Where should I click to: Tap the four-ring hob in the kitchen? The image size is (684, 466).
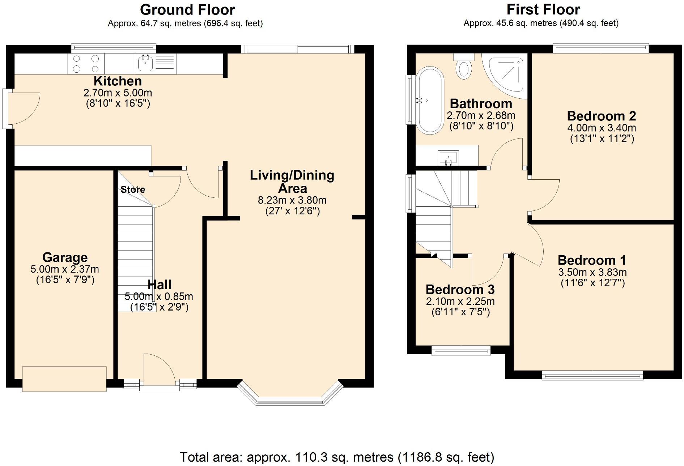[86, 64]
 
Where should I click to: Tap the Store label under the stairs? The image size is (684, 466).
[133, 189]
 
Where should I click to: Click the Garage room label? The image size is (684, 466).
[65, 257]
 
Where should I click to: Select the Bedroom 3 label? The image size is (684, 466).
[460, 290]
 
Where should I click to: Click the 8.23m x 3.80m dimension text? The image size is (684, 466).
[292, 200]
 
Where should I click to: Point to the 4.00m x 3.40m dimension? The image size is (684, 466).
[602, 128]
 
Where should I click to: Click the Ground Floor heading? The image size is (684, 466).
[187, 10]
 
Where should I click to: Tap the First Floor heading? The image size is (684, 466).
[543, 10]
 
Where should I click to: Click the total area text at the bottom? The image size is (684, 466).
[337, 457]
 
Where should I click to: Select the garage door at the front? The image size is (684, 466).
[64, 379]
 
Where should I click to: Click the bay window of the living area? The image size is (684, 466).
[290, 400]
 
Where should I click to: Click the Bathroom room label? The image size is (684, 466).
[481, 104]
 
